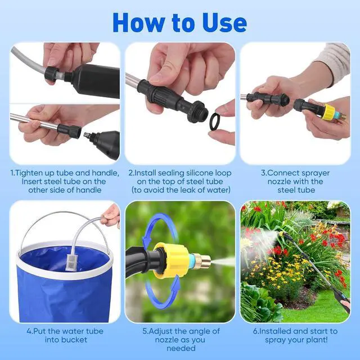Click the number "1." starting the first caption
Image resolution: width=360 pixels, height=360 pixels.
pos(15,172)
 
